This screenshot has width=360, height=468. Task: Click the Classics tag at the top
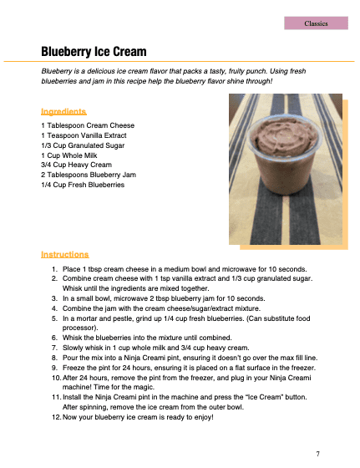[316, 23]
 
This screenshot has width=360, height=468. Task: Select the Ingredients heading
[63, 111]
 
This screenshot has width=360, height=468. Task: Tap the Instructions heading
[65, 254]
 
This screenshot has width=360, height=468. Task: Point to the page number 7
[317, 453]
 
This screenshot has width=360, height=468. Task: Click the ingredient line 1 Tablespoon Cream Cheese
[87, 125]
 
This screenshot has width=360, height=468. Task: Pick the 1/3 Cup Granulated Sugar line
[82, 145]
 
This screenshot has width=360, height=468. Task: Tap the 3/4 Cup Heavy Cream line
[76, 165]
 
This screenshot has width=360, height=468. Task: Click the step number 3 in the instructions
[55, 298]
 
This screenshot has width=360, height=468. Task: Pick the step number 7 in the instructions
[55, 348]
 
